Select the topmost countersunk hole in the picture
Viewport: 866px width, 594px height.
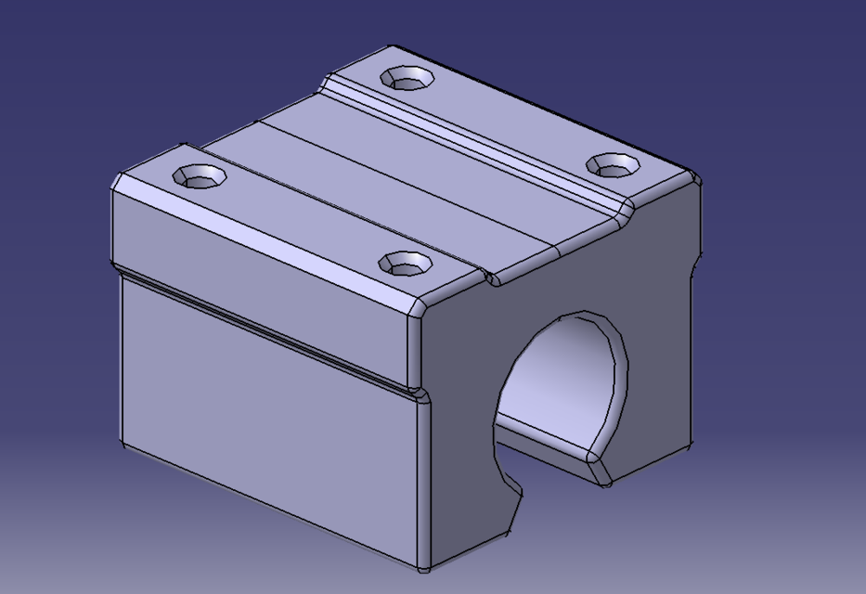coord(408,78)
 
